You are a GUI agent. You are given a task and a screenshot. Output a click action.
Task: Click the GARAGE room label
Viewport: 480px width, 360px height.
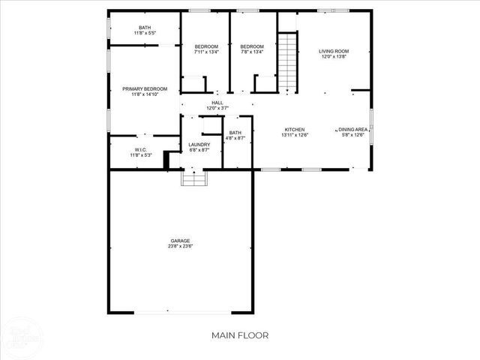tap(179, 241)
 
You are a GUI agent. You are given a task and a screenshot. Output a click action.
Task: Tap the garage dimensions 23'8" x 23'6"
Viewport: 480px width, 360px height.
tap(179, 246)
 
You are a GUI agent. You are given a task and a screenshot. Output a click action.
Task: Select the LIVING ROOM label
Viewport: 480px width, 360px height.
tap(334, 52)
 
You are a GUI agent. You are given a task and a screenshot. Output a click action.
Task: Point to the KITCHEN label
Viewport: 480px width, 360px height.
tap(293, 129)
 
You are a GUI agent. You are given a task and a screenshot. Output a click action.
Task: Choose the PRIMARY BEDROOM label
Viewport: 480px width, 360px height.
tap(145, 89)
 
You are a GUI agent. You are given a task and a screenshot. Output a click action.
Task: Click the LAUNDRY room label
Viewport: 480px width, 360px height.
tap(199, 145)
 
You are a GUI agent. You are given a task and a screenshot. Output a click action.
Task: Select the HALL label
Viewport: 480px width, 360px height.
tap(217, 103)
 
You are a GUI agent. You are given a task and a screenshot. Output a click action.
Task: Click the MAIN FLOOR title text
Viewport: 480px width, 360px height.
tap(239, 334)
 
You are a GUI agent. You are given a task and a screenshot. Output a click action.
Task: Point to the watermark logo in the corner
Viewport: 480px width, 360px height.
tap(21, 337)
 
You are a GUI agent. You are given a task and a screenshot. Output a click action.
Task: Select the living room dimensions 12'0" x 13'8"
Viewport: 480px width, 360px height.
tap(334, 57)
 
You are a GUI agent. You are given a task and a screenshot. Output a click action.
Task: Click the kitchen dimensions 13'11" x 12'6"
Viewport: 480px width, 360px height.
tap(293, 134)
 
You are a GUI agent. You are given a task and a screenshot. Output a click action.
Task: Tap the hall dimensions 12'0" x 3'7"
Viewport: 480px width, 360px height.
tap(217, 108)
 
